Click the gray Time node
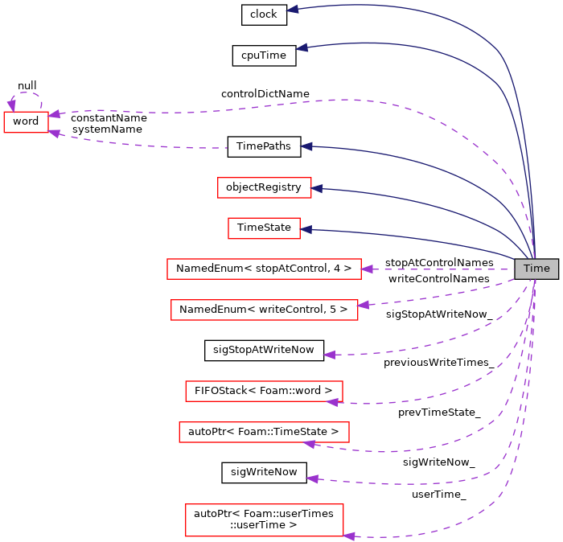click(536, 269)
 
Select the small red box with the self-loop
click(26, 122)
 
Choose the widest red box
click(264, 269)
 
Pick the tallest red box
click(264, 519)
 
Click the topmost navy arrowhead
click(293, 9)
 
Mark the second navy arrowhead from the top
click(302, 47)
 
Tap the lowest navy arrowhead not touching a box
click(306, 146)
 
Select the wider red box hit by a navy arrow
click(264, 187)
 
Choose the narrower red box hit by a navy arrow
click(264, 228)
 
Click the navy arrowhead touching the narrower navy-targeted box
click(306, 230)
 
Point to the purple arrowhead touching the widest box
click(367, 269)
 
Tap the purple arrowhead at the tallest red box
click(349, 536)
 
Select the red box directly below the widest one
click(264, 310)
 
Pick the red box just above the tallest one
click(264, 432)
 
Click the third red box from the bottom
click(264, 391)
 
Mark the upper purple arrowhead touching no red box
click(329, 355)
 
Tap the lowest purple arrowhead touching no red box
click(312, 478)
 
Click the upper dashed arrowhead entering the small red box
click(54, 114)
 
